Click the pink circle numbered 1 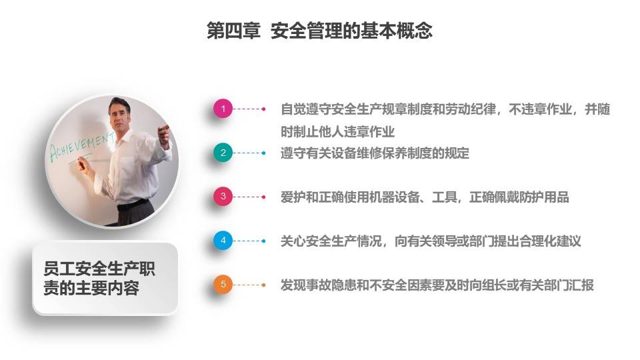(223, 109)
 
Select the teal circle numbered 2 (223, 153)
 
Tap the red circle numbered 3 (223, 196)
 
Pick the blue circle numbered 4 (223, 241)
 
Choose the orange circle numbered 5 (223, 285)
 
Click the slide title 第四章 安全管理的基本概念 (319, 31)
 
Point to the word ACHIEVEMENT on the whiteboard (81, 147)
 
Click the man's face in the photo (119, 115)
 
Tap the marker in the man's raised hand (164, 129)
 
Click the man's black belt (133, 204)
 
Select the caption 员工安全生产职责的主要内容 (99, 279)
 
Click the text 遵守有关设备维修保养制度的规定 (375, 153)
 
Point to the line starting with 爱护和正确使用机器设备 (425, 197)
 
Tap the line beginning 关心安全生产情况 (431, 241)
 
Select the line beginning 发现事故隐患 (437, 285)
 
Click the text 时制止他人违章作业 (337, 132)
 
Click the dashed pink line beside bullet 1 (249, 109)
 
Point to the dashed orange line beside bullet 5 (249, 285)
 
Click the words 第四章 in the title (233, 31)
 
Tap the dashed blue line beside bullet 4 (249, 241)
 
